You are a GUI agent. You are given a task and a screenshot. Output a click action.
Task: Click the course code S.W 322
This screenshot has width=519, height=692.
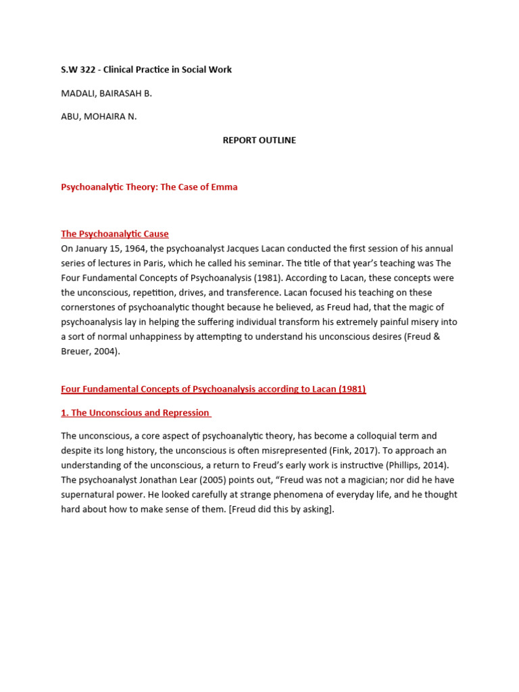(x=79, y=70)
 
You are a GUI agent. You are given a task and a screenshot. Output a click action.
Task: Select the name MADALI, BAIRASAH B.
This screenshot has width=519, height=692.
(x=106, y=93)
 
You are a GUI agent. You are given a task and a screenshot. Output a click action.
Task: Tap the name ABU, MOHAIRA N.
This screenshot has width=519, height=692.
(x=99, y=116)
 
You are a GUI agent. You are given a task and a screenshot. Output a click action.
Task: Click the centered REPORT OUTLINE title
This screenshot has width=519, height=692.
(x=259, y=141)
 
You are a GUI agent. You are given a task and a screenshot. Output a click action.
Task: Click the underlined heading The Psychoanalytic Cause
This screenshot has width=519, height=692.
(x=115, y=234)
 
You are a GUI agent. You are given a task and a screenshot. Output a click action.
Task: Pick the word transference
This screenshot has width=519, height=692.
(x=270, y=293)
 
